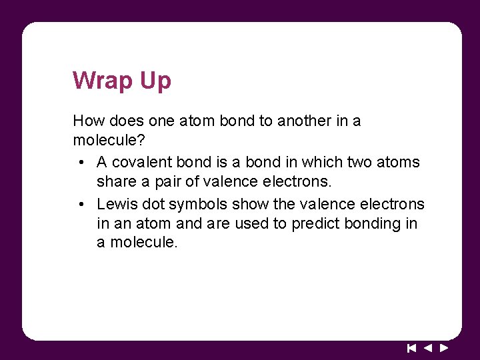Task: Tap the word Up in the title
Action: coord(155,81)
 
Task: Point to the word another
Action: coord(306,121)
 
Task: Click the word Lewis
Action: coord(116,203)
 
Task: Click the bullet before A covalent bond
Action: coord(79,162)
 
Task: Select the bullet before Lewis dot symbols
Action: coord(79,203)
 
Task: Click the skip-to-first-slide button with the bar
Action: coord(411,348)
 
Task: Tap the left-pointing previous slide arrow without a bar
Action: coord(428,348)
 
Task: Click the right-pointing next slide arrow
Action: coord(444,348)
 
